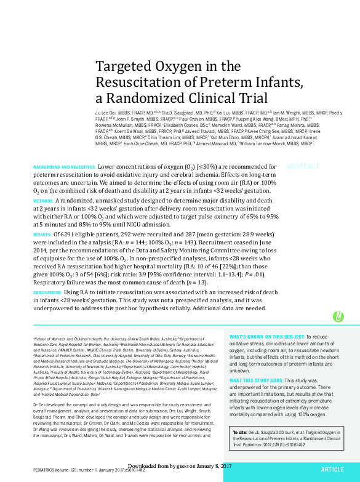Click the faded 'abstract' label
[x=303, y=166]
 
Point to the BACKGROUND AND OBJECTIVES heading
[x=64, y=167]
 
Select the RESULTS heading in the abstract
[x=42, y=235]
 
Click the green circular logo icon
[x=338, y=316]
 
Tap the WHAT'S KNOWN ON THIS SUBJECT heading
[x=266, y=337]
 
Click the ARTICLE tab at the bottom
[x=332, y=469]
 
